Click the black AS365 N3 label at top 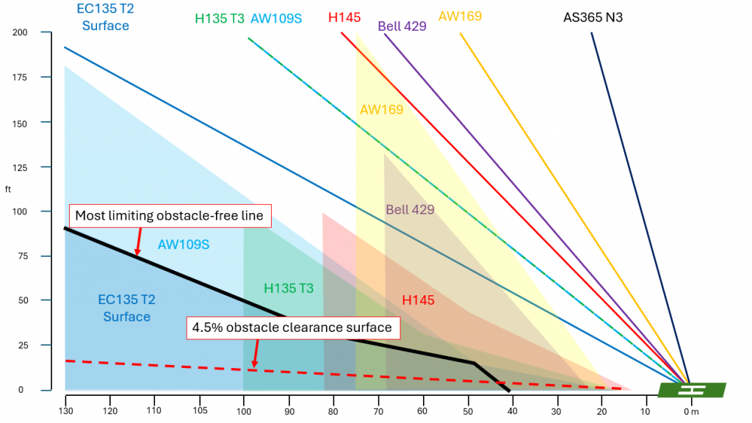(x=593, y=17)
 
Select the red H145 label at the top (x=344, y=18)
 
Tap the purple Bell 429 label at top (x=402, y=26)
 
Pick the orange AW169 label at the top (x=460, y=16)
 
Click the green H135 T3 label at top (x=220, y=19)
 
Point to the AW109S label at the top (x=276, y=19)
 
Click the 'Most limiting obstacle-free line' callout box (x=170, y=216)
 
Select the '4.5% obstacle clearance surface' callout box (x=292, y=328)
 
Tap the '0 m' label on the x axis (x=690, y=411)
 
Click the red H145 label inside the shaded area (x=419, y=300)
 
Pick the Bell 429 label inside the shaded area (x=410, y=210)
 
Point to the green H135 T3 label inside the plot (x=289, y=289)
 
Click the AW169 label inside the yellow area (x=382, y=110)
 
